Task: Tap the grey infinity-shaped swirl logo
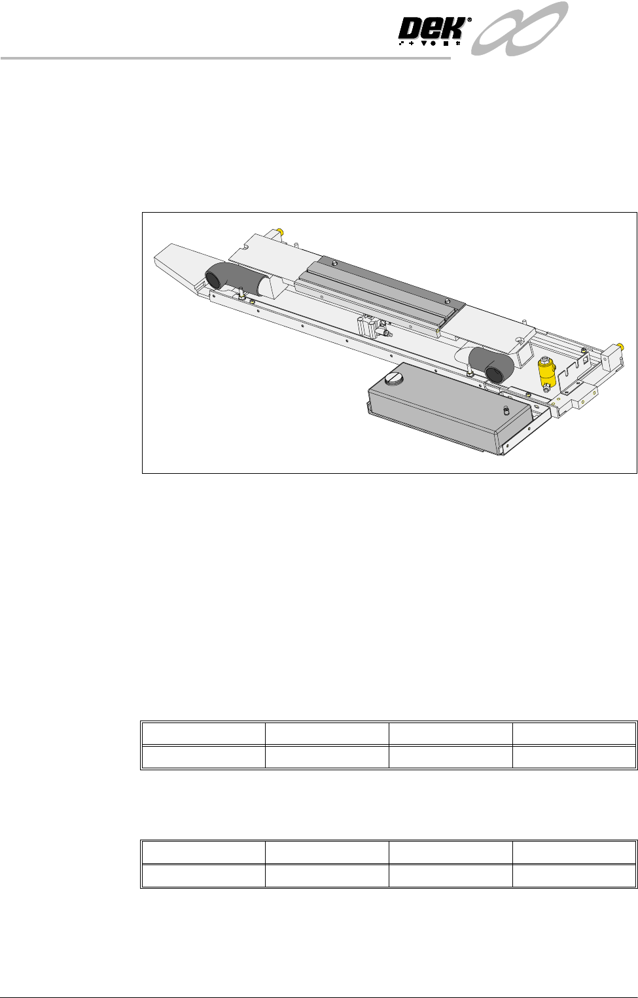520,29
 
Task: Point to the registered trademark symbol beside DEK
469,20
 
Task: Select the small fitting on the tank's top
506,409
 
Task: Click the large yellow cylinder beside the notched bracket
546,372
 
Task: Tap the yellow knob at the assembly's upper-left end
280,231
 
